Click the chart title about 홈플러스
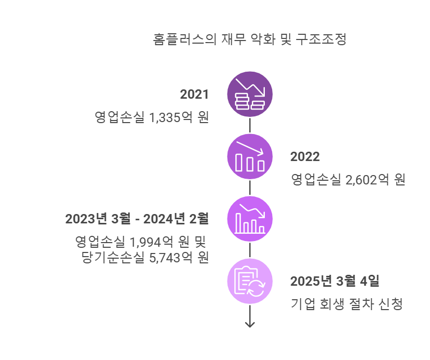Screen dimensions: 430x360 point(249,39)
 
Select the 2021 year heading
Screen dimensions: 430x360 point(194,95)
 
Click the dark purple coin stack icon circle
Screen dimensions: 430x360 point(250,95)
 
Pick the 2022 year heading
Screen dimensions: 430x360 point(305,157)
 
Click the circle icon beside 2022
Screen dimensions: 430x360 point(250,156)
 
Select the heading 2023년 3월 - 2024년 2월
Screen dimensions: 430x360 point(137,219)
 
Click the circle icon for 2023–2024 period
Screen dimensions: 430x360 point(250,219)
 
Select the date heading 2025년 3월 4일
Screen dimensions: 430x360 point(335,282)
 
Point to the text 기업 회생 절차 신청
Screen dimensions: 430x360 point(346,304)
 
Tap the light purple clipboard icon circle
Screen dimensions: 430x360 point(250,281)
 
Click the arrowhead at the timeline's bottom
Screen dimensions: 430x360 point(250,324)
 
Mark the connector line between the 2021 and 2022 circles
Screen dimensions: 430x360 point(250,125)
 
